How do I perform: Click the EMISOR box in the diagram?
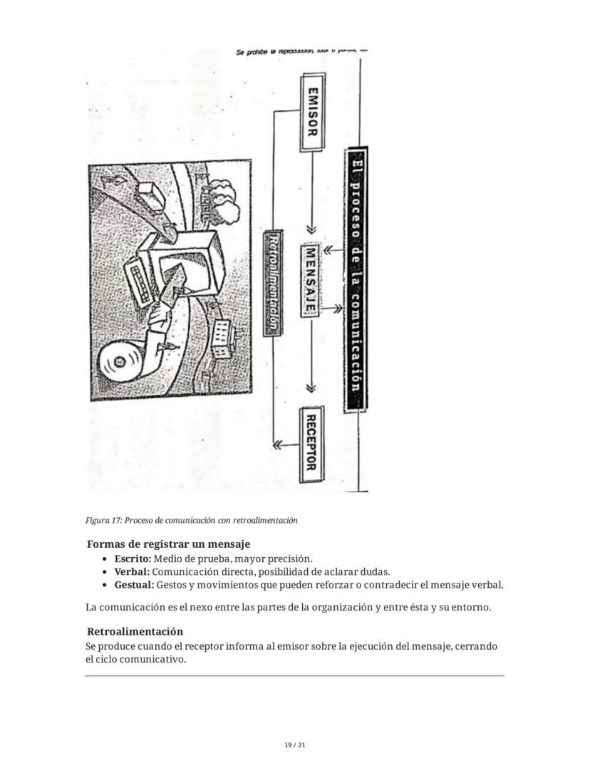click(311, 110)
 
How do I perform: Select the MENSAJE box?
click(311, 280)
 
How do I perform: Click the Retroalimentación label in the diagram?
click(272, 281)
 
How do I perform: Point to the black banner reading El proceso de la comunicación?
click(356, 279)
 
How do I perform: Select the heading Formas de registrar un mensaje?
click(168, 544)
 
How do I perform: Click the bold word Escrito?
click(133, 559)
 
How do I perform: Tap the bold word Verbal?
click(132, 572)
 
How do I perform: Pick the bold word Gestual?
click(134, 585)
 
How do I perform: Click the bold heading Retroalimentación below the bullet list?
click(135, 631)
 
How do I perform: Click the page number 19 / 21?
click(294, 745)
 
